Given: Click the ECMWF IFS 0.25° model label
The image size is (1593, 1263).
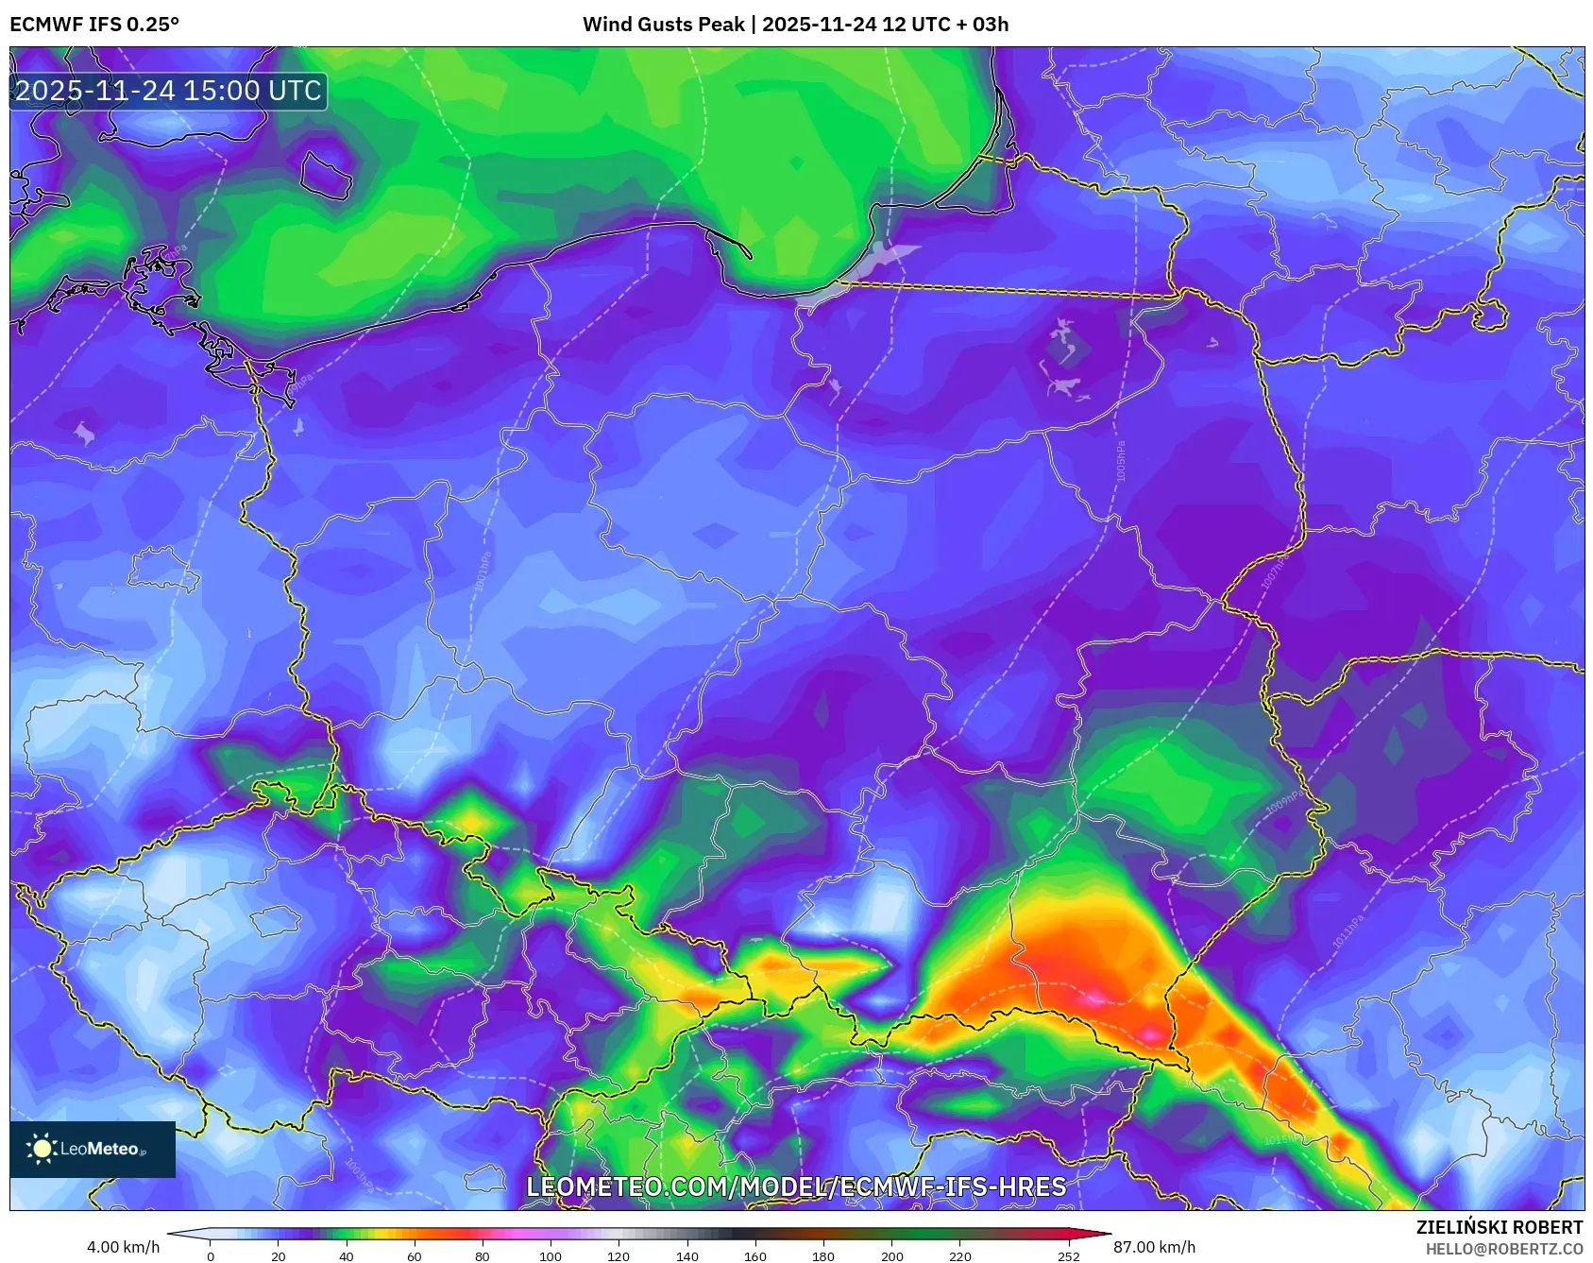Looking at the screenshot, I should (x=94, y=25).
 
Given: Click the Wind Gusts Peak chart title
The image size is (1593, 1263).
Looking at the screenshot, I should (x=795, y=25).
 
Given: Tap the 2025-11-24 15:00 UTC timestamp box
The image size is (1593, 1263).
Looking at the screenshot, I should (x=168, y=91).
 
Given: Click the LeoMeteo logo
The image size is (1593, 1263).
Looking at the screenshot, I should (x=93, y=1149).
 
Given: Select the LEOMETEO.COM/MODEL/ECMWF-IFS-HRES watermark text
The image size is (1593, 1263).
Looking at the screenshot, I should (x=796, y=1187).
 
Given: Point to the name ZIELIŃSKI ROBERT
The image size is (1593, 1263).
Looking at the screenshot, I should (x=1499, y=1227).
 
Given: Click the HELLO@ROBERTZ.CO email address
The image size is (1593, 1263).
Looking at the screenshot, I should (x=1503, y=1249).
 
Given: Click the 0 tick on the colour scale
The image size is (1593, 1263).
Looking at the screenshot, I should (x=211, y=1256).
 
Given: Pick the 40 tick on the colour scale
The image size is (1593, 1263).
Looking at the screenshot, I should (x=347, y=1256).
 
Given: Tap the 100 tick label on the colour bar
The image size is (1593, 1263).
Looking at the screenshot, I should (x=551, y=1256).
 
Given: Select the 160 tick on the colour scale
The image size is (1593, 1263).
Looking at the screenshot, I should (x=755, y=1256).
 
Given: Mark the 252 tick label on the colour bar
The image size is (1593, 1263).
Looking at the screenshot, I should (x=1069, y=1256).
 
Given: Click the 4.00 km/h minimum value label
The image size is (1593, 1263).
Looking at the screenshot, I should (x=123, y=1247).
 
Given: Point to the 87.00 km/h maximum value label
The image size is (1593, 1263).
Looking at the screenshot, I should (x=1154, y=1247).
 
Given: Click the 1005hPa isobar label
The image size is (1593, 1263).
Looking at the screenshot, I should (x=1121, y=461).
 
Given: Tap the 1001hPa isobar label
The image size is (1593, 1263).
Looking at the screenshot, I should (x=483, y=572).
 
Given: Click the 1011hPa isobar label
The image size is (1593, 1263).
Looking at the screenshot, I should (x=1347, y=931).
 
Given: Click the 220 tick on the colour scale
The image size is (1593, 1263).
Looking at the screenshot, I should (x=959, y=1256).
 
